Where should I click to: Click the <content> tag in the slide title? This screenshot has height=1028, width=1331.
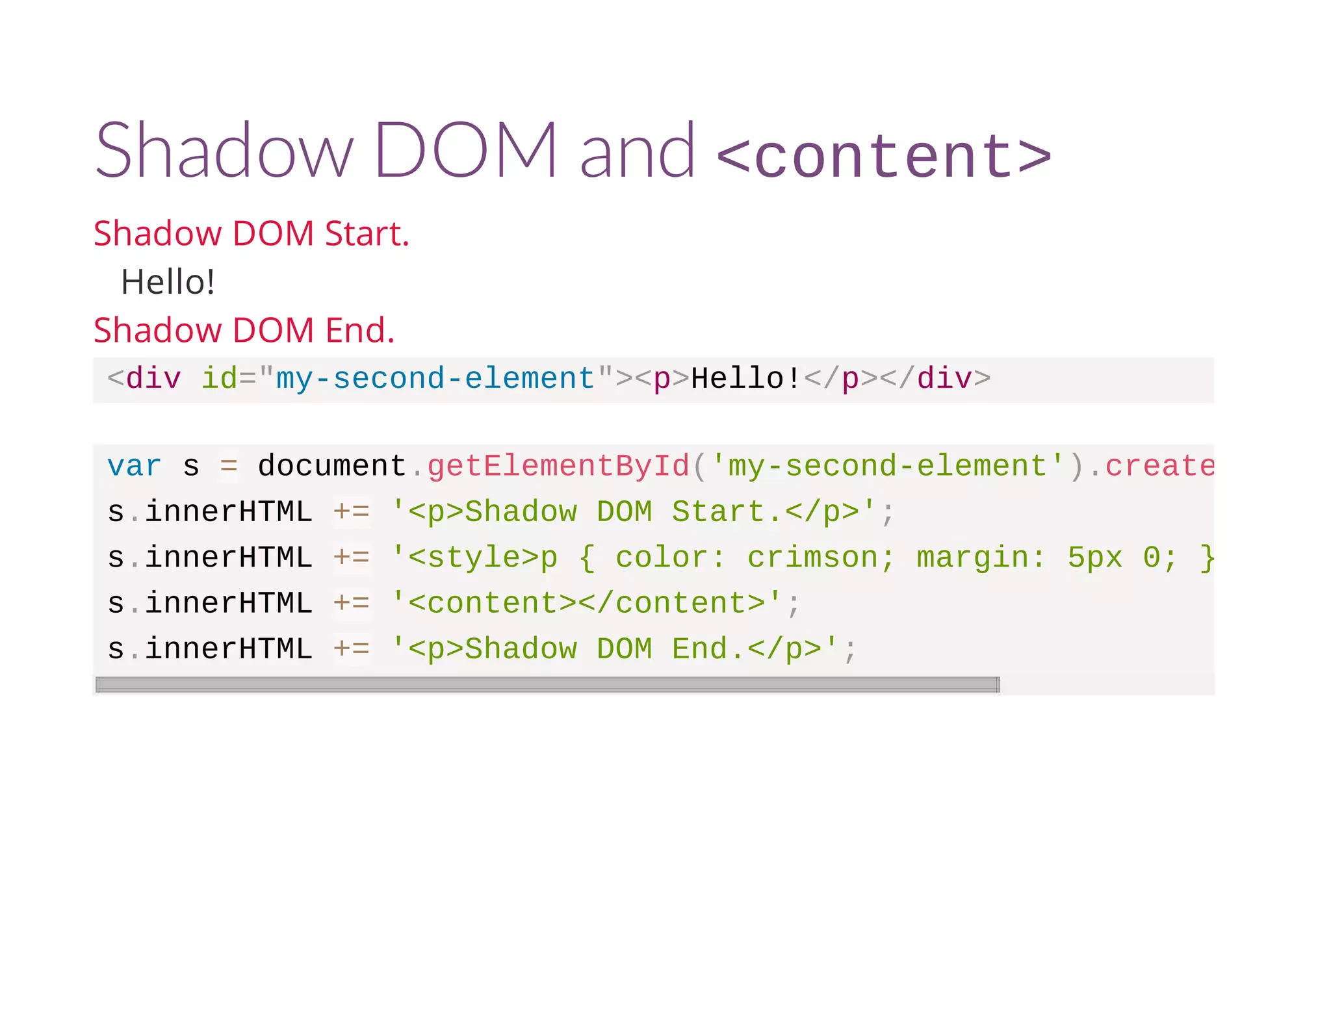(884, 156)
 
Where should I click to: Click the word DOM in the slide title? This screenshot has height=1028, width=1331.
(465, 151)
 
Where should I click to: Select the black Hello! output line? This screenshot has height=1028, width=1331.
(168, 282)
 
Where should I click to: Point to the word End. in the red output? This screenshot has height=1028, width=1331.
(359, 331)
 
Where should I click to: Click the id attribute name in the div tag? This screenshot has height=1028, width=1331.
(219, 379)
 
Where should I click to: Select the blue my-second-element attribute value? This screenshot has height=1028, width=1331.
(435, 379)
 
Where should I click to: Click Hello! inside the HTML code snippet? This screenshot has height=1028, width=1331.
(746, 379)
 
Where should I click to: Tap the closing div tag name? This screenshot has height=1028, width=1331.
(944, 379)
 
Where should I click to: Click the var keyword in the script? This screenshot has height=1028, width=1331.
(134, 467)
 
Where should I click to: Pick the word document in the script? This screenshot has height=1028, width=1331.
(331, 467)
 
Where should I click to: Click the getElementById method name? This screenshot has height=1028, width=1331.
(558, 467)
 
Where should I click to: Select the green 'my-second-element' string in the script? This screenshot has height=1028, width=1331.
(888, 467)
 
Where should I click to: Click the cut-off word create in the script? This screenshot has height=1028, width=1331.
(1159, 467)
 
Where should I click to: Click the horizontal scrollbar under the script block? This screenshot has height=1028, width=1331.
(547, 684)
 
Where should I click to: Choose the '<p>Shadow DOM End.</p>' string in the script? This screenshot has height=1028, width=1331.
(614, 649)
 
